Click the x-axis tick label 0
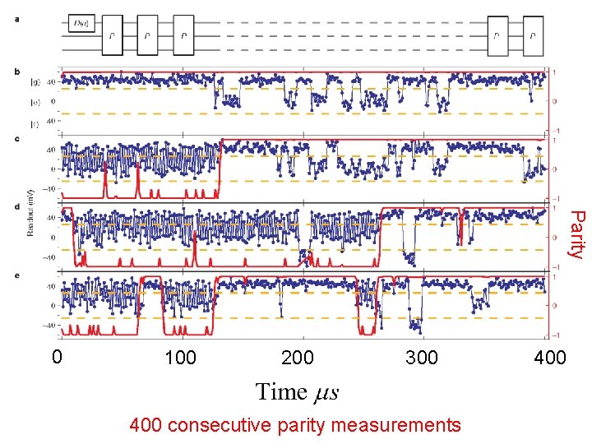pos(56,358)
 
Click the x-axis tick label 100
pos(180,358)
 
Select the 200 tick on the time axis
pos(297,358)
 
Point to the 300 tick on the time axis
pos(422,358)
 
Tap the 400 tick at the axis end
pos(549,358)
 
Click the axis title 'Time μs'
pos(297,392)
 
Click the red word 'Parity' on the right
pos(577,234)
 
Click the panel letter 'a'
pos(18,21)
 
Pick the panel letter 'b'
pos(18,72)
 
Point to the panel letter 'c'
pos(18,138)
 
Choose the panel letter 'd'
pos(18,206)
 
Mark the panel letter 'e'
pos(18,274)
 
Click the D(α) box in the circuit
pos(81,24)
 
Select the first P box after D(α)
pos(112,35)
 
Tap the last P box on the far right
pos(534,35)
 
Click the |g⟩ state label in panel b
pos(35,81)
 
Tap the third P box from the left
pos(184,35)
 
